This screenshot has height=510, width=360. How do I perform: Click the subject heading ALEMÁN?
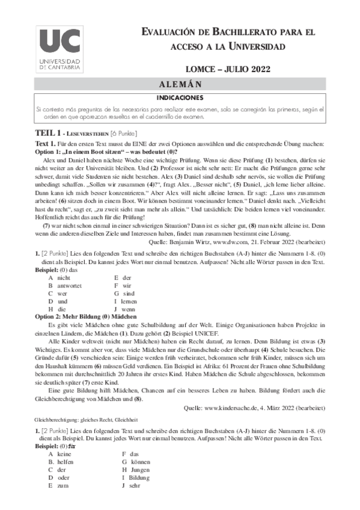coord(180,84)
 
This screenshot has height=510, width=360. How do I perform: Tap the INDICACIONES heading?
coord(180,97)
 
